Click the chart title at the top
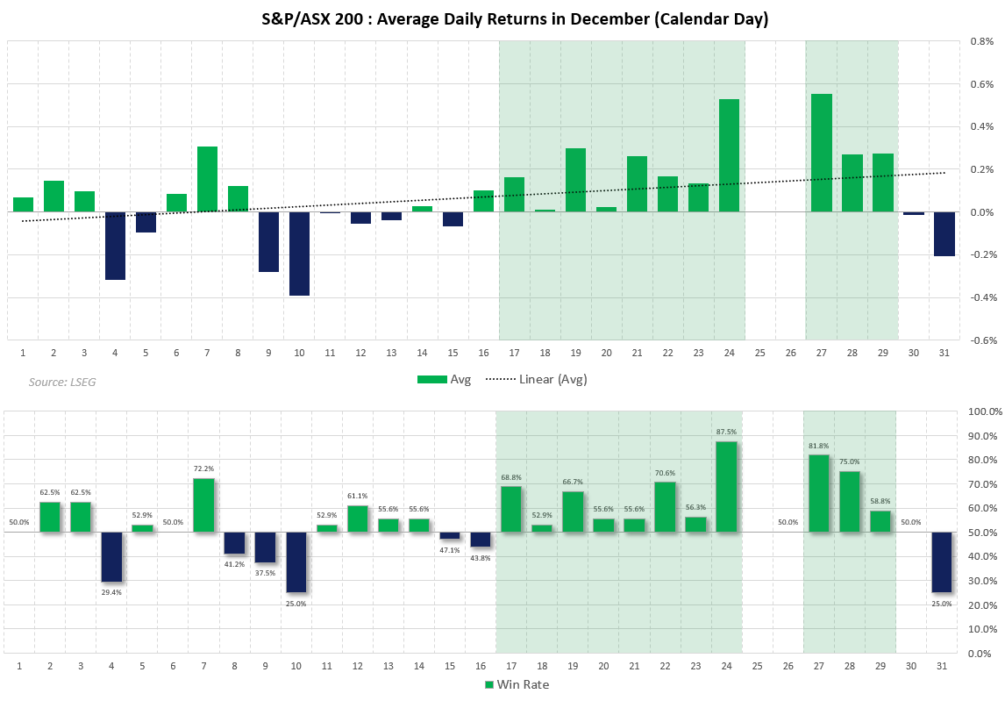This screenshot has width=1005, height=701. tap(502, 18)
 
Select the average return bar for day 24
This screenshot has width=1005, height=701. tap(729, 155)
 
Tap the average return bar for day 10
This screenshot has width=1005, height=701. tap(299, 254)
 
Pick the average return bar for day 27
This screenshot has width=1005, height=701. tap(821, 153)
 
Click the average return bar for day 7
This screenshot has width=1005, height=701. tap(207, 179)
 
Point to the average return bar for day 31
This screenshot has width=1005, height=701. tap(944, 233)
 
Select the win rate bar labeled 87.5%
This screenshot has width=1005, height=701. tap(726, 487)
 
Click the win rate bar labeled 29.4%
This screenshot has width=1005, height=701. tap(111, 557)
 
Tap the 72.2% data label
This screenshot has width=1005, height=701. tap(203, 469)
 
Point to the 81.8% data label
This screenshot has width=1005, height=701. tap(818, 447)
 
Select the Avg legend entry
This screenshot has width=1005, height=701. tap(445, 379)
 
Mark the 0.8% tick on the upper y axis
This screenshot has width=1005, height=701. tap(981, 41)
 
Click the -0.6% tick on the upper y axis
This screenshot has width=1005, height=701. tap(980, 340)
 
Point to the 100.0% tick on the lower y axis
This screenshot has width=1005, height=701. tap(983, 411)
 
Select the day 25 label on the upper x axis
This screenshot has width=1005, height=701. tap(759, 352)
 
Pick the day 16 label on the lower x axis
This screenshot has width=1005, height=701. tap(480, 666)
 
